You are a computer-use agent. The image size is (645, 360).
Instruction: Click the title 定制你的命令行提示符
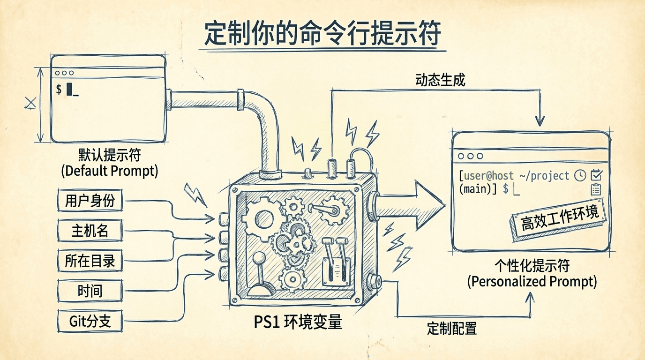pyautogui.click(x=322, y=33)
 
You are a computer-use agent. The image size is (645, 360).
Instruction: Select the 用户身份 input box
pyautogui.click(x=90, y=202)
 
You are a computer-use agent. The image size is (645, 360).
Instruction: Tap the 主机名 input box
pyautogui.click(x=90, y=231)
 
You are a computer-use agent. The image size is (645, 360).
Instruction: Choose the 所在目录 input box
pyautogui.click(x=90, y=261)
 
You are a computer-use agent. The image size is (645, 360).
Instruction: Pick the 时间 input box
pyautogui.click(x=90, y=291)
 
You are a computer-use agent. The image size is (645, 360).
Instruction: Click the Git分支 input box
pyautogui.click(x=90, y=321)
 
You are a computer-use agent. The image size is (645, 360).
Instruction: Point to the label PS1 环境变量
pyautogui.click(x=298, y=322)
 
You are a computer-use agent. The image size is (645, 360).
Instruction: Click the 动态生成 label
pyautogui.click(x=440, y=80)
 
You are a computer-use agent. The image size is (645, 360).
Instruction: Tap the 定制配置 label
pyautogui.click(x=451, y=328)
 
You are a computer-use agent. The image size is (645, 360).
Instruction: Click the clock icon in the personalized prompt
pyautogui.click(x=580, y=176)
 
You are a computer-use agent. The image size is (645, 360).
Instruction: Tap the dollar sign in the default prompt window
pyautogui.click(x=59, y=89)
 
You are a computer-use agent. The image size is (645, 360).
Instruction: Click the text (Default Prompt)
pyautogui.click(x=109, y=171)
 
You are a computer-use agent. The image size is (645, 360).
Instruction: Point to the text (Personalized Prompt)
pyautogui.click(x=532, y=282)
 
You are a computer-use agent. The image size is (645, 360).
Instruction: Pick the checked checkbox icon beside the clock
pyautogui.click(x=596, y=175)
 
